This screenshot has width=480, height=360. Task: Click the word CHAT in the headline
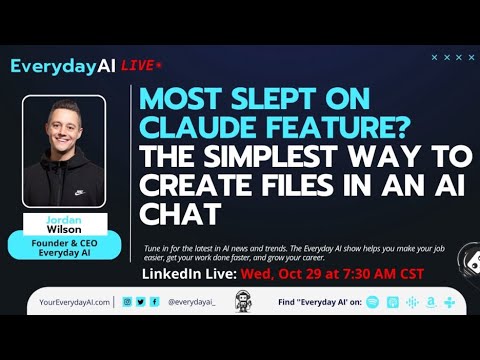click(179, 215)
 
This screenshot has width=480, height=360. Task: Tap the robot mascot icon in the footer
click(241, 301)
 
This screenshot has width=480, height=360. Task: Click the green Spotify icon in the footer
click(373, 301)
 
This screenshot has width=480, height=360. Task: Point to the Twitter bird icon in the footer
click(141, 301)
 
